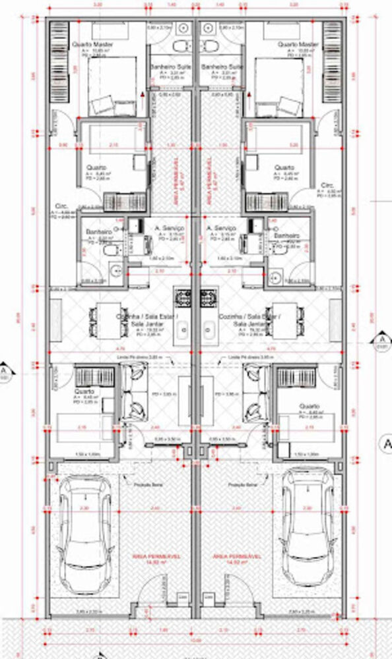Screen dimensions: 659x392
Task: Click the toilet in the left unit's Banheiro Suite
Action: point(180,45)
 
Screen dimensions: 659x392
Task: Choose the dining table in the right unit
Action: point(288,316)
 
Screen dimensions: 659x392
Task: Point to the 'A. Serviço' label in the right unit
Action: point(220,229)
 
